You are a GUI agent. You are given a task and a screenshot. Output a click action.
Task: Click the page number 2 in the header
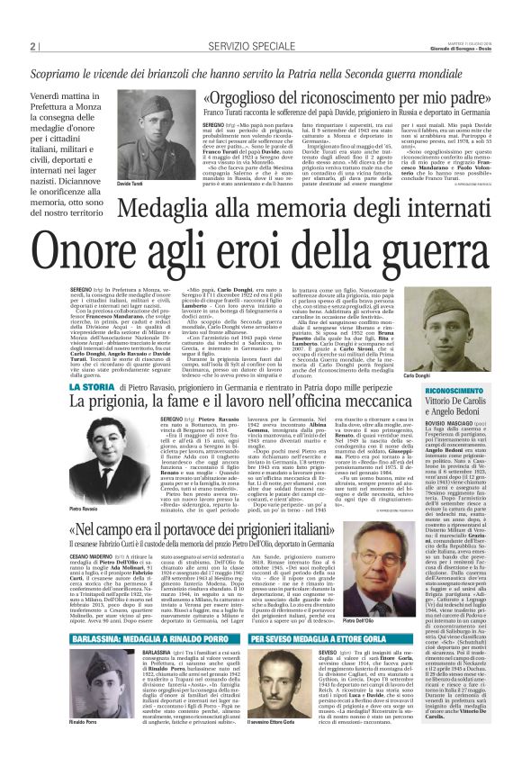coord(31,47)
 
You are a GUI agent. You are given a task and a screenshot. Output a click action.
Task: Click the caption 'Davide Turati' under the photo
coord(131,184)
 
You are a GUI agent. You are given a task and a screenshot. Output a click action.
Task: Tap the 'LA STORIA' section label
coord(93,385)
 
